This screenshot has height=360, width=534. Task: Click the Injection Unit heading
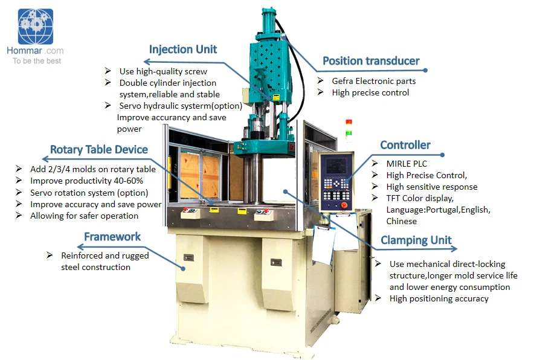[183, 50]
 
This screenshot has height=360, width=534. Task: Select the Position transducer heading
[371, 60]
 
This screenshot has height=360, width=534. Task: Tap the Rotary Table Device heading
[99, 150]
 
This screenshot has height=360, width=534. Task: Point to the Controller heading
[405, 145]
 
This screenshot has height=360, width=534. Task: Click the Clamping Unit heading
[416, 240]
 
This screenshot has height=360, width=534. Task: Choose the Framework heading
[112, 237]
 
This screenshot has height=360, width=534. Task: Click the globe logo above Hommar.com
[36, 27]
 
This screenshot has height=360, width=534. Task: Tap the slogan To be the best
[37, 60]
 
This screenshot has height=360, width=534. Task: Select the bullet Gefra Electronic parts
[373, 81]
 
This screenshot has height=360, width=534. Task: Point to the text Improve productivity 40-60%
[86, 181]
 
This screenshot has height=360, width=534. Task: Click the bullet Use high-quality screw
[163, 71]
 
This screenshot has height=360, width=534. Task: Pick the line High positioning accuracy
[439, 298]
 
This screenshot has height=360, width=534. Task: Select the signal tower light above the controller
[348, 127]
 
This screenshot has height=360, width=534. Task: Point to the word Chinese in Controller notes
[402, 221]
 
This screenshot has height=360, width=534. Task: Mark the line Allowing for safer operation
[84, 216]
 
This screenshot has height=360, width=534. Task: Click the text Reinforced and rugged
[105, 256]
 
